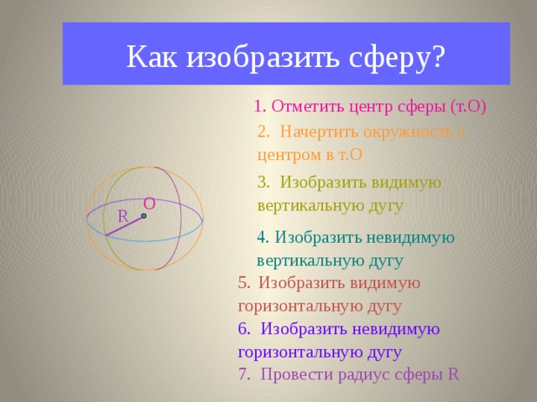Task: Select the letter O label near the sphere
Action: pyautogui.click(x=149, y=203)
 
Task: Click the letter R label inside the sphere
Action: pyautogui.click(x=123, y=216)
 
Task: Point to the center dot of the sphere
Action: pyautogui.click(x=143, y=216)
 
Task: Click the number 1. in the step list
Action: pyautogui.click(x=260, y=106)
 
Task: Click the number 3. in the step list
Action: pyautogui.click(x=263, y=182)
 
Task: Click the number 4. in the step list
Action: pyautogui.click(x=263, y=236)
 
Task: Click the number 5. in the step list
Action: pyautogui.click(x=243, y=282)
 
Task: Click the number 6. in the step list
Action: pyautogui.click(x=243, y=327)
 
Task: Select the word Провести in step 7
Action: pyautogui.click(x=294, y=374)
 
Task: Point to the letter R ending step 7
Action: pyautogui.click(x=453, y=374)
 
